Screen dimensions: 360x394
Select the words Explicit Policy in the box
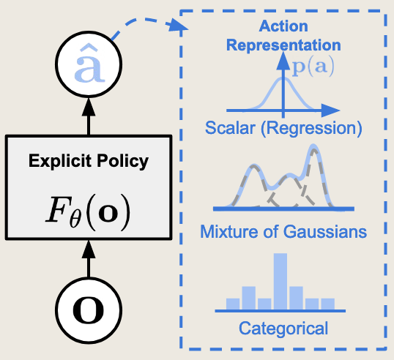pyautogui.click(x=88, y=160)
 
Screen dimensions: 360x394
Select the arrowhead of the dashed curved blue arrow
pyautogui.click(x=176, y=29)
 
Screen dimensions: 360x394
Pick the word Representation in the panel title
pyautogui.click(x=283, y=45)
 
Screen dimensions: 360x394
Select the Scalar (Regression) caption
pyautogui.click(x=283, y=129)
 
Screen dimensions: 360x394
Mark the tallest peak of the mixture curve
pyautogui.click(x=314, y=149)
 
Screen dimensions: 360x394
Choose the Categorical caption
pyautogui.click(x=283, y=328)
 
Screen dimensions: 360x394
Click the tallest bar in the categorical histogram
pyautogui.click(x=280, y=282)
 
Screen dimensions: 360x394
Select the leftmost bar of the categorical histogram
pyautogui.click(x=233, y=304)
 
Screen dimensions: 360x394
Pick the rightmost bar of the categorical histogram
pyautogui.click(x=327, y=304)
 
